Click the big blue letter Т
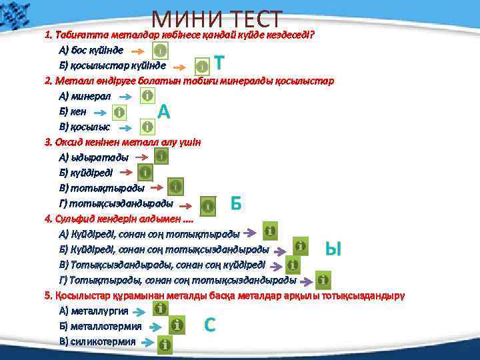(x=219, y=65)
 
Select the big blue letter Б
(x=235, y=203)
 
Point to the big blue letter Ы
(x=333, y=249)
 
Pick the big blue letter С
(x=209, y=325)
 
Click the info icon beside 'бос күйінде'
(x=160, y=51)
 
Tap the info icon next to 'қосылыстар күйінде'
(x=202, y=66)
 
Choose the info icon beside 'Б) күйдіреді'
(x=146, y=173)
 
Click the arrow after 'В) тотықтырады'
(x=155, y=189)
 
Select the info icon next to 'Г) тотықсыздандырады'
(x=209, y=205)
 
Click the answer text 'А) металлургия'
(x=93, y=311)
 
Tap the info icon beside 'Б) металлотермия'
(x=177, y=325)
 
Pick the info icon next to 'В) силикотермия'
(x=164, y=344)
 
